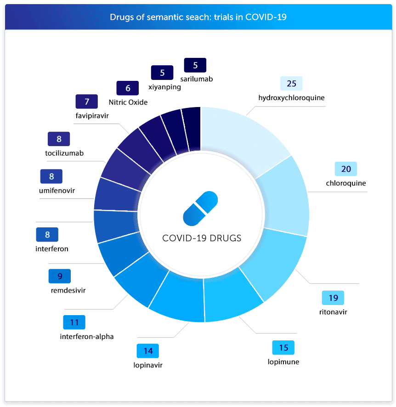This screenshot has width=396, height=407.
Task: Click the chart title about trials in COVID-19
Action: point(198,17)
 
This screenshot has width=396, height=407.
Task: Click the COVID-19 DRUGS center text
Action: point(201,238)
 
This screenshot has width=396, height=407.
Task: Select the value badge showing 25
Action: point(291,84)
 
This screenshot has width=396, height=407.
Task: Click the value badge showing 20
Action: point(345,169)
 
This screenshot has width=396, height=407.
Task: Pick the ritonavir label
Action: point(333,312)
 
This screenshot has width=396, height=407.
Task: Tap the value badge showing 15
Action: point(283,347)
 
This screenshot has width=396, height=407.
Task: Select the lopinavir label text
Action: point(147,365)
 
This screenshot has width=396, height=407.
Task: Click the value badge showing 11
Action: point(74,322)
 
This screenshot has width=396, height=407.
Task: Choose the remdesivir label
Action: point(68,290)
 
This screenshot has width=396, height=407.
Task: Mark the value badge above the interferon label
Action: point(47,235)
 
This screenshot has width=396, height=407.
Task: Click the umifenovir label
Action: point(57,190)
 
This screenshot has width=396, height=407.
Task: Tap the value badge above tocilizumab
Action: point(59,139)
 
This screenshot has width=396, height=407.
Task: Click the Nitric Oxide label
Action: point(128,102)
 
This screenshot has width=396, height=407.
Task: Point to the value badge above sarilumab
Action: point(195,65)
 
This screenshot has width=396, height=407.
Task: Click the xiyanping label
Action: point(165,87)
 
